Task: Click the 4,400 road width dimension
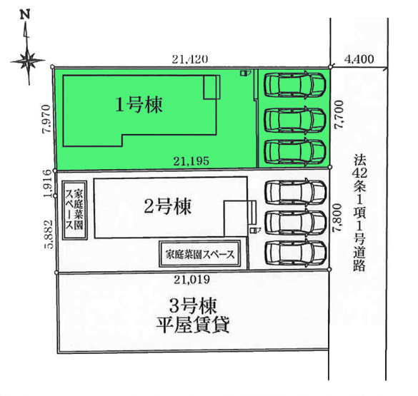point(359,60)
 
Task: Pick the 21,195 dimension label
point(191,161)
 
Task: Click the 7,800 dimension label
point(339,215)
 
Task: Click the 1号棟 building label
point(140,105)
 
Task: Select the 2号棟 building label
point(169,205)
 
